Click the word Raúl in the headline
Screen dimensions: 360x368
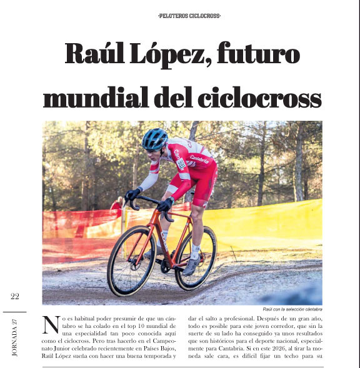point(99,55)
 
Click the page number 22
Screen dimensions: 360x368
point(15,297)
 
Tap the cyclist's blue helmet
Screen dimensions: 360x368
point(155,138)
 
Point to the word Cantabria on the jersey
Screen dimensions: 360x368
point(199,159)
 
